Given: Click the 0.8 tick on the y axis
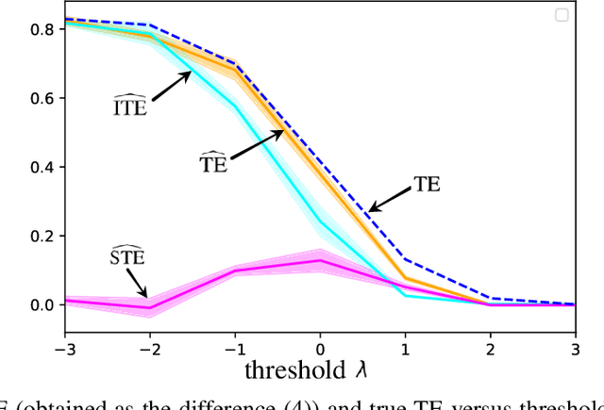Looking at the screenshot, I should pyautogui.click(x=41, y=29).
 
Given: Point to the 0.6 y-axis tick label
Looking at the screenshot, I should pyautogui.click(x=41, y=98).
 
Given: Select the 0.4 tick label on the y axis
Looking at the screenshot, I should pyautogui.click(x=41, y=167).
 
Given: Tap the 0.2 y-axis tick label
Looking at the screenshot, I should pyautogui.click(x=41, y=236).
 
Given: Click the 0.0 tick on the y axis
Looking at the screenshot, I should pyautogui.click(x=41, y=304).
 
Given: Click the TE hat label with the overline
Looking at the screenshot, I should pyautogui.click(x=214, y=163).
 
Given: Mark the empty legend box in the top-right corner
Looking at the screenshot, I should pyautogui.click(x=562, y=14).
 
